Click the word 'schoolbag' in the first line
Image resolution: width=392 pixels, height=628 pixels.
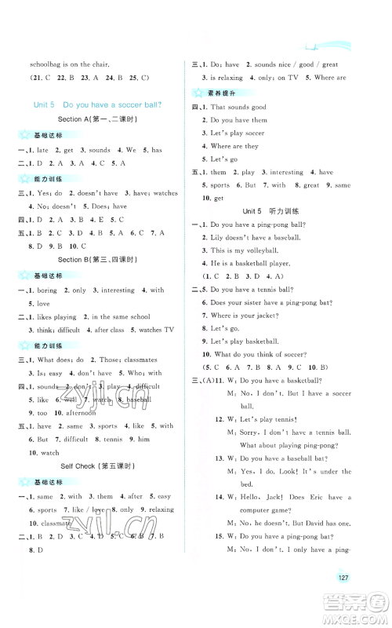pos(44,64)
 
